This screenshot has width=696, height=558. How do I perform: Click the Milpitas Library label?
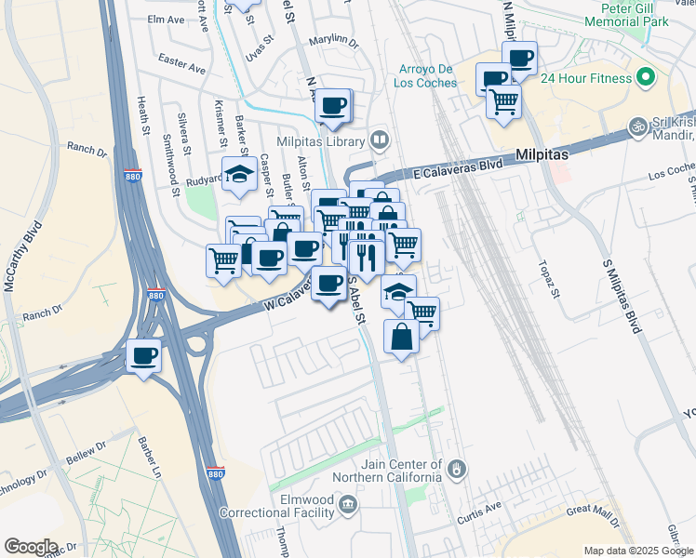324,140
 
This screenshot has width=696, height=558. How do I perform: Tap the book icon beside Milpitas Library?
379,140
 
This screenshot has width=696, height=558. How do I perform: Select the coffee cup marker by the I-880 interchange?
143,355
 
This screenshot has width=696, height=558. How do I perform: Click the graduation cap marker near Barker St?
239,174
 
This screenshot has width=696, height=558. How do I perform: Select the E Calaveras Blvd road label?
458,166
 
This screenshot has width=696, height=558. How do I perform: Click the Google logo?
31,547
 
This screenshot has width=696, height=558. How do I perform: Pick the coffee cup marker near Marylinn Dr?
333,105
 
